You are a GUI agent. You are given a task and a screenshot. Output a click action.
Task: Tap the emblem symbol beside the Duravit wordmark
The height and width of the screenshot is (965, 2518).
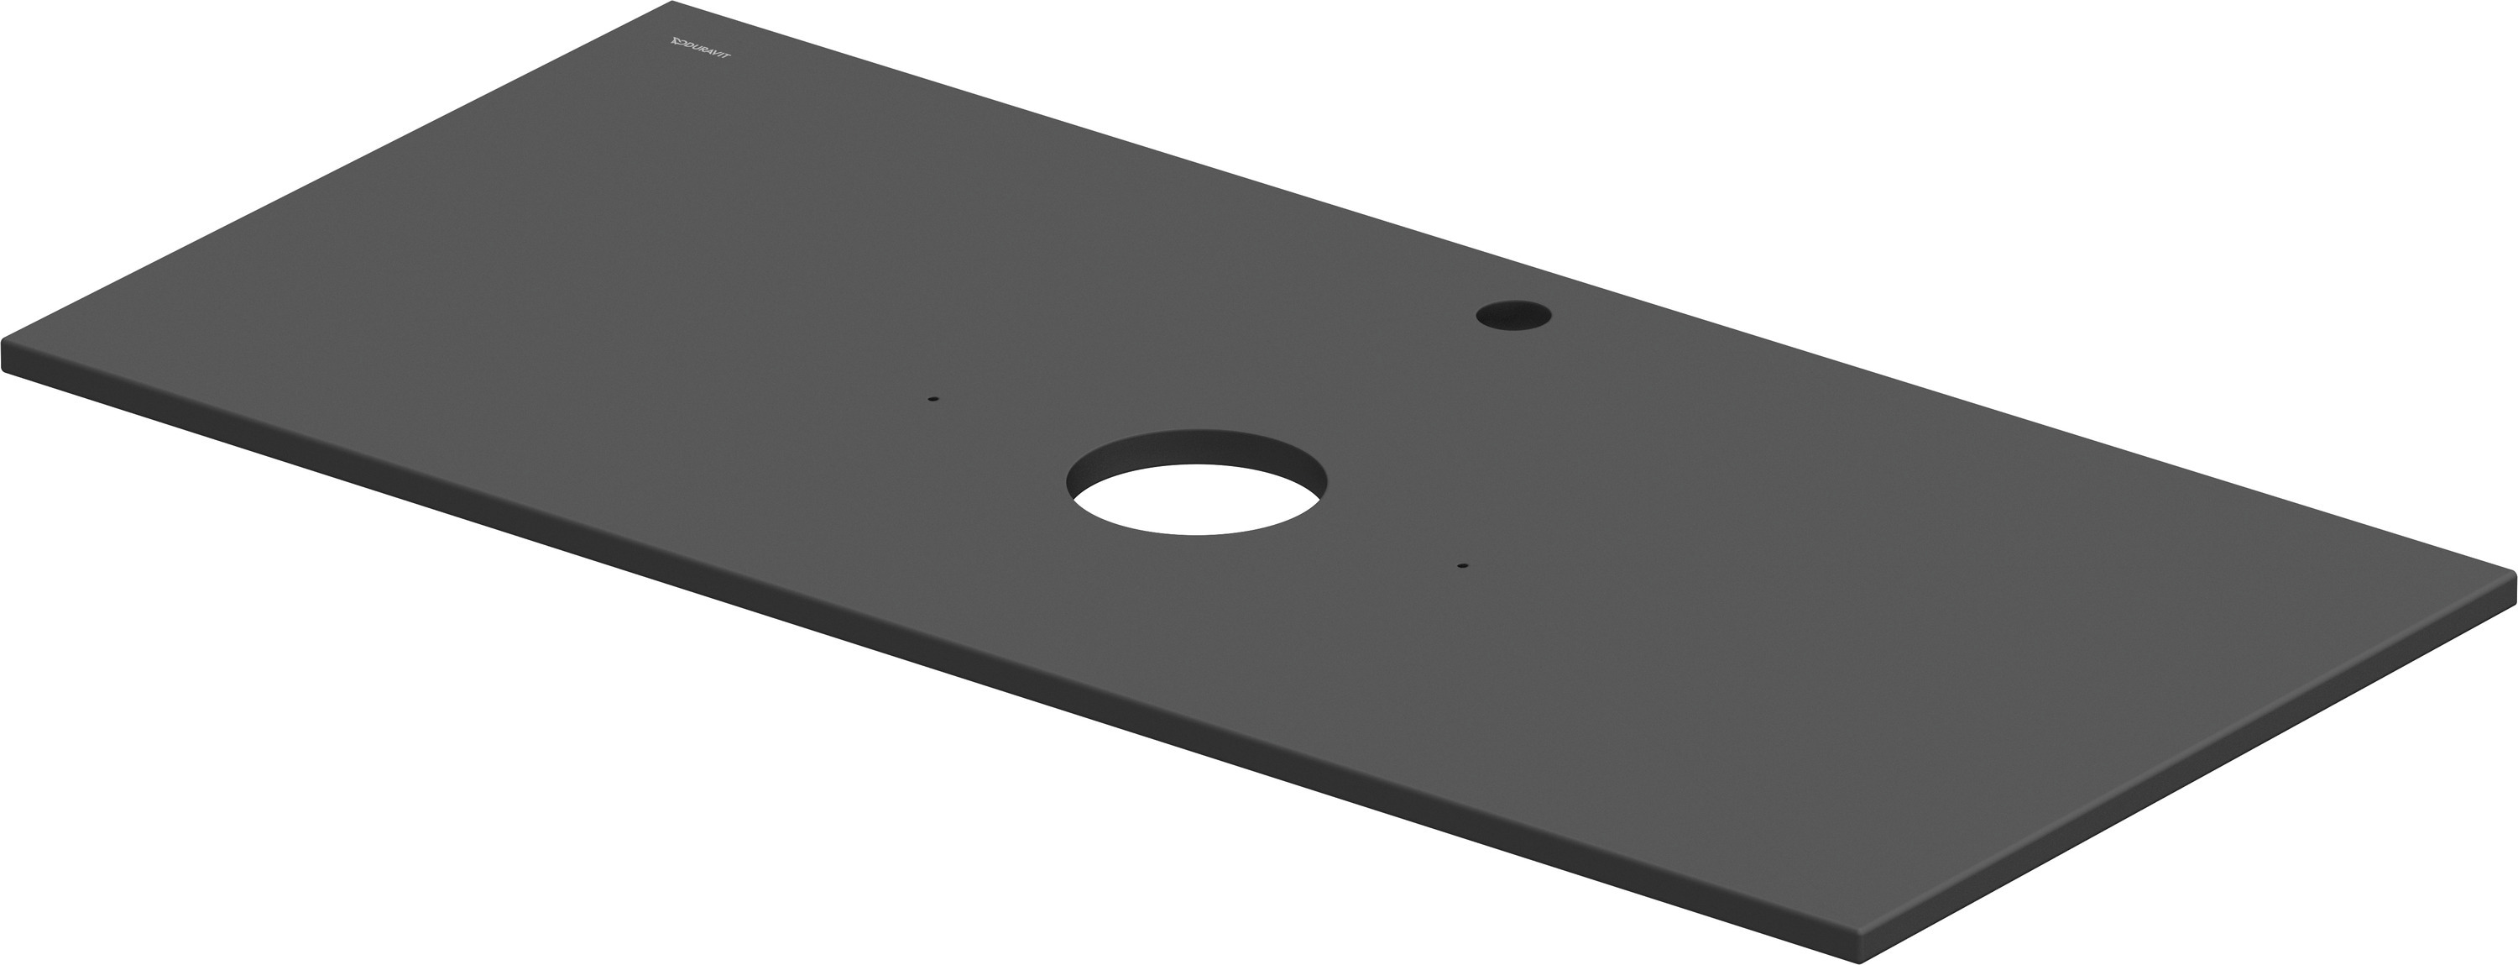(676, 41)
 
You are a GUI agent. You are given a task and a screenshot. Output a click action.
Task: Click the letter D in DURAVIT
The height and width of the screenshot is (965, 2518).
(687, 45)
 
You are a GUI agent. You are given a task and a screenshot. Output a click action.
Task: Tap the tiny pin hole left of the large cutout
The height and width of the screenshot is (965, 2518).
(932, 399)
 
